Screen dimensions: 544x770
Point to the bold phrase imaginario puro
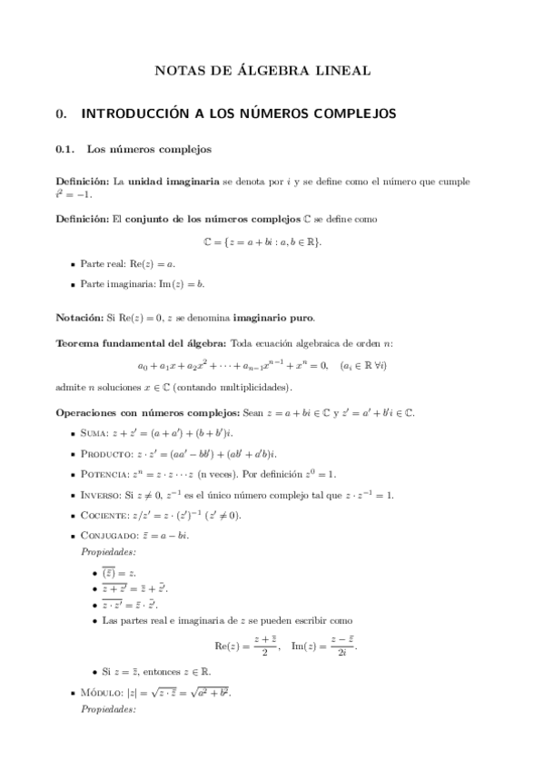(x=272, y=318)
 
